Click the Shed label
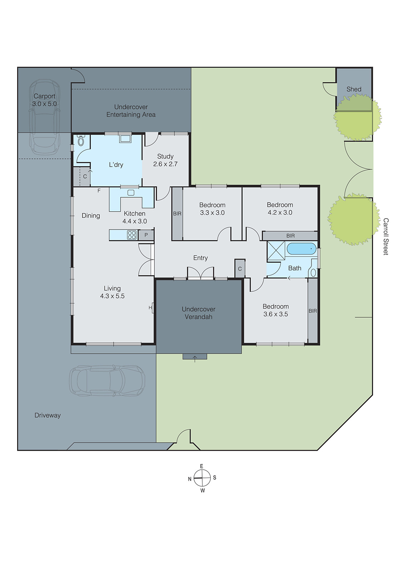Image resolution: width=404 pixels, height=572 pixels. pos(354,89)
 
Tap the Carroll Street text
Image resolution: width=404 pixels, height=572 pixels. pos(385,236)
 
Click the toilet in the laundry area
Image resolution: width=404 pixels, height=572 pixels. pos(81,140)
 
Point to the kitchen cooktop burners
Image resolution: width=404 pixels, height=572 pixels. pos(132,235)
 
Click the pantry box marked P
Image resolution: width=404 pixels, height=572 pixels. pos(146,235)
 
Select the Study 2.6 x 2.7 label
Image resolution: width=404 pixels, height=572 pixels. pos(165,160)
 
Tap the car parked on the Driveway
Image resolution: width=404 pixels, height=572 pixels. pos(107,380)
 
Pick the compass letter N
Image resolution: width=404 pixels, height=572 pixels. pos(190,479)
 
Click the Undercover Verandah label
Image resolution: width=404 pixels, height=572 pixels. pos(198,313)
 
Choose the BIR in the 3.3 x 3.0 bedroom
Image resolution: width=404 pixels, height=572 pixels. pos(177,214)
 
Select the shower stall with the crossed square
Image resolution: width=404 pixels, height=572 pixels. pos(276,250)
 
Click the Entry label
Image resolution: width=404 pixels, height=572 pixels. pos(200,258)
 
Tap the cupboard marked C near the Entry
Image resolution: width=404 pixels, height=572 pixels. pos(240,269)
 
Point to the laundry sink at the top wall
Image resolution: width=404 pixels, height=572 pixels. pos(125,139)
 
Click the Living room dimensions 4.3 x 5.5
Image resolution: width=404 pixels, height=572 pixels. pos(112,296)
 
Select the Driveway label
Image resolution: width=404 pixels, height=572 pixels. pos(48,415)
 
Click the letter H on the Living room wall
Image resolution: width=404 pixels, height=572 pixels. pos(150,307)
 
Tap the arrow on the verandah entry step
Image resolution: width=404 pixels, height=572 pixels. pos(195,358)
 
